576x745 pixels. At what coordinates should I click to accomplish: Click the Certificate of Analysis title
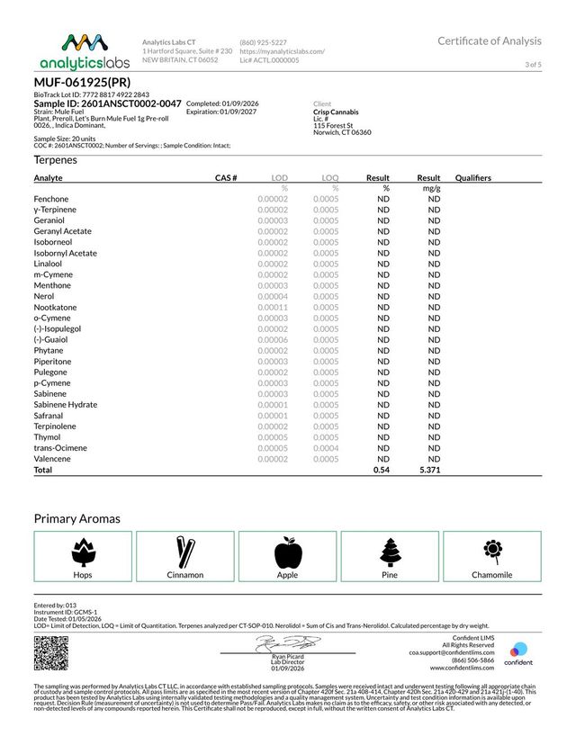(490, 40)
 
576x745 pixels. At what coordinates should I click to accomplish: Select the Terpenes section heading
(55, 159)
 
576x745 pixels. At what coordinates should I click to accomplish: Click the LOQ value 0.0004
(326, 448)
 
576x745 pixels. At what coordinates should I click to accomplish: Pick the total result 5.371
(427, 470)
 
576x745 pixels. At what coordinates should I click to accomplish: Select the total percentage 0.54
(382, 470)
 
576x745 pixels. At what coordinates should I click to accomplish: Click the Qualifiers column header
(473, 178)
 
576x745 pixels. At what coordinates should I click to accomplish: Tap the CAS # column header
(225, 178)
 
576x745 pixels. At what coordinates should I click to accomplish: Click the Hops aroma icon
(82, 551)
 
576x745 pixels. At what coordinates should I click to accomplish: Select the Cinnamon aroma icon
(184, 551)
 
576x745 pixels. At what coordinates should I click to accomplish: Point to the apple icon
(287, 551)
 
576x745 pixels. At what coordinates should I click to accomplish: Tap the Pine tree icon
(390, 551)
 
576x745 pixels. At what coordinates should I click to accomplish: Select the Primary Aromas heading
(76, 518)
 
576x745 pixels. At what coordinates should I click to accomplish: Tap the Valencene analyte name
(52, 459)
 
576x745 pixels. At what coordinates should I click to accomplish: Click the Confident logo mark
(519, 651)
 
